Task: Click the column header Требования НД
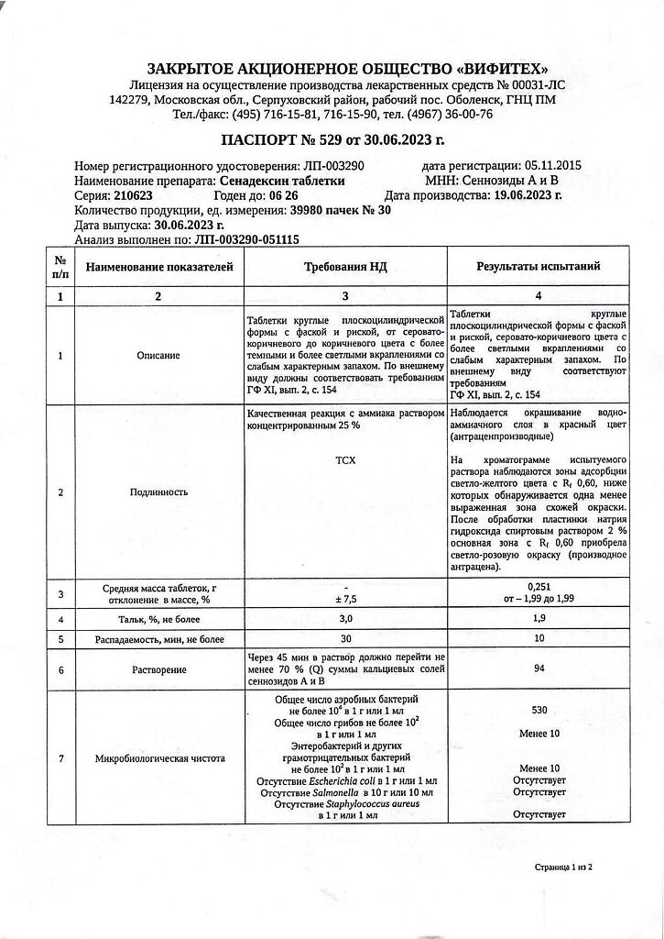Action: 344,267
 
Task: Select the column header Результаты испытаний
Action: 538,267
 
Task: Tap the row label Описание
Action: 157,355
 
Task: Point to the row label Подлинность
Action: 157,492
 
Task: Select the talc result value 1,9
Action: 539,619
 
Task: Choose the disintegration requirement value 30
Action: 345,638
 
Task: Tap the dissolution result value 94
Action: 539,669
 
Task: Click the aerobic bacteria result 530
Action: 539,710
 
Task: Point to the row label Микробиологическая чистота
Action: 157,759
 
